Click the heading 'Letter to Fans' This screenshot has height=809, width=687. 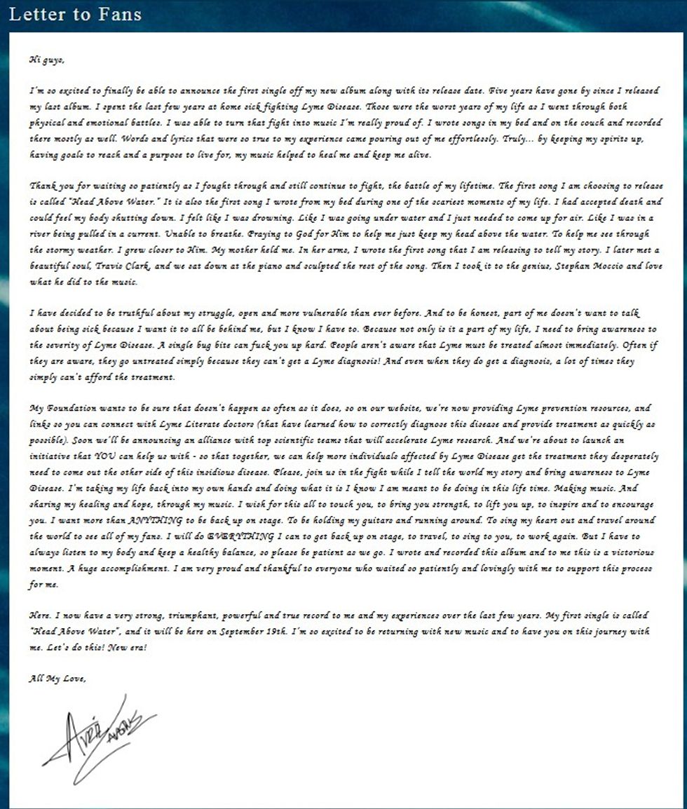pyautogui.click(x=75, y=14)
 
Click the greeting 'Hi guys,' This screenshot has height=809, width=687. pyautogui.click(x=47, y=60)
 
